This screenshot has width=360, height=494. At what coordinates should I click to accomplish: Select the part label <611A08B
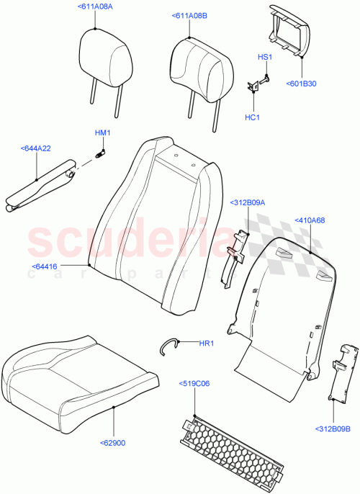click(x=190, y=15)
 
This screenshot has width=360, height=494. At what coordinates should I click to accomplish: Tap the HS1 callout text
click(x=264, y=56)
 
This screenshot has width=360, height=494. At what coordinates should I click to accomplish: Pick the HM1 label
click(x=102, y=133)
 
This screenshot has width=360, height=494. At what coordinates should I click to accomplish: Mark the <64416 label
click(x=45, y=266)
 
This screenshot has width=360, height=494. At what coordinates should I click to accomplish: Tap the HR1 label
click(x=207, y=343)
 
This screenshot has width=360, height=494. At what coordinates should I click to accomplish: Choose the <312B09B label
click(x=333, y=449)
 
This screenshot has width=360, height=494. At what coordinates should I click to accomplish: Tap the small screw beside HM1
click(x=101, y=152)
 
